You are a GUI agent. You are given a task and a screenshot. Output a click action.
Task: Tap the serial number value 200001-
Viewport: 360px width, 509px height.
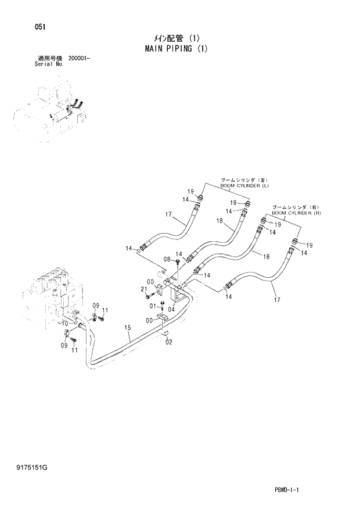tap(82, 59)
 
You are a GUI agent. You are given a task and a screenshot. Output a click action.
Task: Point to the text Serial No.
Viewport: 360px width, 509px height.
tap(49, 64)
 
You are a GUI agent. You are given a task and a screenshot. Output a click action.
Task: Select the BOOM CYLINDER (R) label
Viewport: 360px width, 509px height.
tap(297, 213)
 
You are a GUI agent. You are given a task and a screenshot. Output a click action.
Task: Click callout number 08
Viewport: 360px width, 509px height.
tap(167, 259)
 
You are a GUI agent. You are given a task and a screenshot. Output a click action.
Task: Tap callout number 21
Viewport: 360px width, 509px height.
tap(143, 289)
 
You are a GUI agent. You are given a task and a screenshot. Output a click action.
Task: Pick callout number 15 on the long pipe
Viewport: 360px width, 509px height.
tap(127, 328)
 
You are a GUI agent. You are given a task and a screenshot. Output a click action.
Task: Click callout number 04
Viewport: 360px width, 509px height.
tap(171, 309)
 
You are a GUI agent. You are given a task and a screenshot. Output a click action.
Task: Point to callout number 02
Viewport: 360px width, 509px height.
tap(169, 342)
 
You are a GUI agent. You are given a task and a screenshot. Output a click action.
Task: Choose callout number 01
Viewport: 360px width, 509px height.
tap(153, 306)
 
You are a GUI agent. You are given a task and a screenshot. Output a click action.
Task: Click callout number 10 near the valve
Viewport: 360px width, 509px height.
tap(65, 323)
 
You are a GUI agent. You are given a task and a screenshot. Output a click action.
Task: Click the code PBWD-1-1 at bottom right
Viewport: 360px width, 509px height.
tap(287, 490)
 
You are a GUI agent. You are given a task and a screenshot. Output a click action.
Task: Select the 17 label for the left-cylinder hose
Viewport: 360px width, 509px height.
tap(168, 214)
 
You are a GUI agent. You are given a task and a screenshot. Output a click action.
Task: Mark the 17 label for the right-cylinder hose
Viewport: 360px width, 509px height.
tap(277, 299)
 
